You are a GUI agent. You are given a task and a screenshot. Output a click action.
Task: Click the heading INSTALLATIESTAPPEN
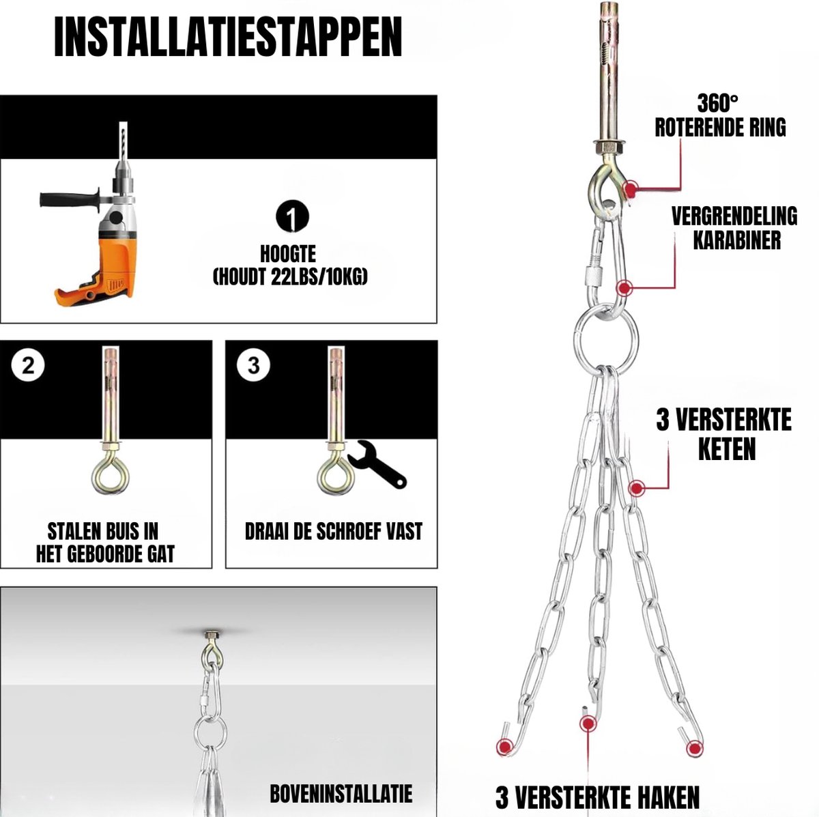(228, 38)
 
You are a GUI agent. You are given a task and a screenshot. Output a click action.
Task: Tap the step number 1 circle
(292, 217)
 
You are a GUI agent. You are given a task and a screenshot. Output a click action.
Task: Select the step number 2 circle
(28, 364)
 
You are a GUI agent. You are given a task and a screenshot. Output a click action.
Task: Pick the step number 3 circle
(254, 364)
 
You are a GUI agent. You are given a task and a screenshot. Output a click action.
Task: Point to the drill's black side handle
(70, 199)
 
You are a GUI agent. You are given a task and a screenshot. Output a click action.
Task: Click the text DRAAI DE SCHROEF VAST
(334, 531)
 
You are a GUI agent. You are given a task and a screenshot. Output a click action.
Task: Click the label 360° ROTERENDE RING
(721, 115)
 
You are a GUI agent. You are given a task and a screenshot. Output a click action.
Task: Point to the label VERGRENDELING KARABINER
(734, 228)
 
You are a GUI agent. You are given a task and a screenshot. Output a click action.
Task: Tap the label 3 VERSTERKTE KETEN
(724, 434)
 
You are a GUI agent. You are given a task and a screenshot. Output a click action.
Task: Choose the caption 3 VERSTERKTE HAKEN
(597, 786)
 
